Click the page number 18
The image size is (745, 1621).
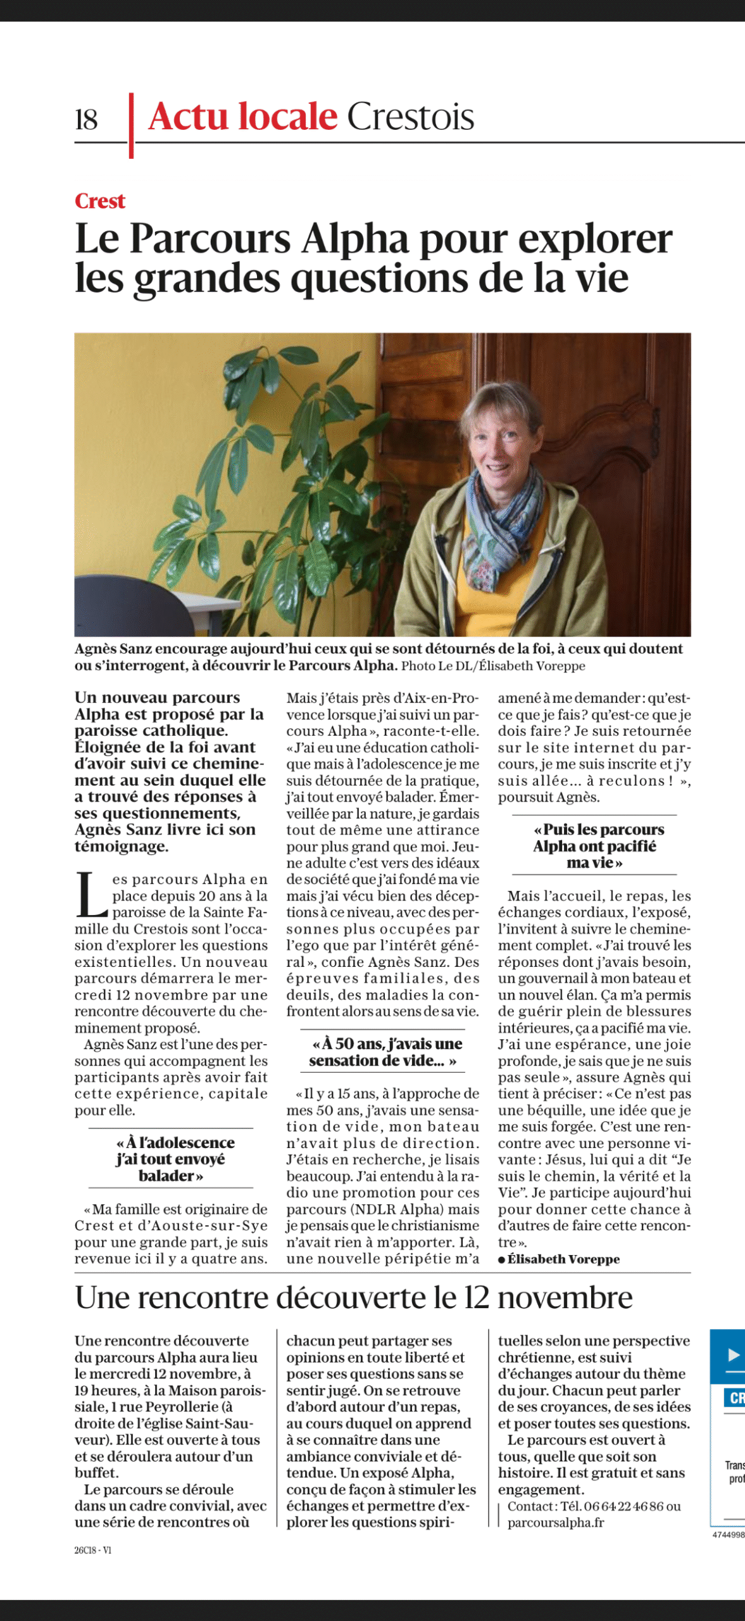86,120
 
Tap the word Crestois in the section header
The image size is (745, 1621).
410,117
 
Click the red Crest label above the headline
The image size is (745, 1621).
100,201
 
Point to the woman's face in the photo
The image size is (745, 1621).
505,443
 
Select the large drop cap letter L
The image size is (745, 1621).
91,895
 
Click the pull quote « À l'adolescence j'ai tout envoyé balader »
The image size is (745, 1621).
170,1159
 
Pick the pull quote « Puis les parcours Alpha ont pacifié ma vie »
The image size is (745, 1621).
594,846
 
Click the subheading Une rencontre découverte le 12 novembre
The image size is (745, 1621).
353,1297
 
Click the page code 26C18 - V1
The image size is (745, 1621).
92,1550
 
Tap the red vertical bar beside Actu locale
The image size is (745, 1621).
131,125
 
